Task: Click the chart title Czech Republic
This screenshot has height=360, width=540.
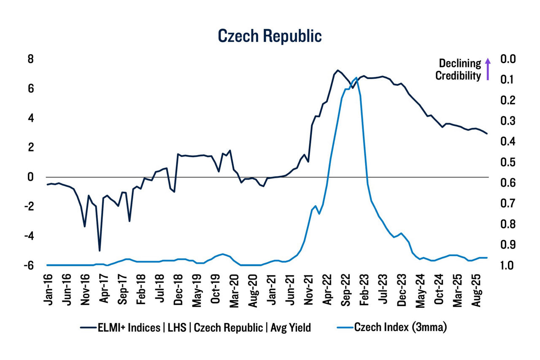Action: (x=270, y=36)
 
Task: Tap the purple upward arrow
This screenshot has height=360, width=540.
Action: (x=488, y=70)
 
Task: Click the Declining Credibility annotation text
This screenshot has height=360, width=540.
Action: (x=458, y=70)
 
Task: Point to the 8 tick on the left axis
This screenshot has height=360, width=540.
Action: (x=30, y=59)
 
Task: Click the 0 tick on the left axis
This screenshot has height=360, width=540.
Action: (x=30, y=177)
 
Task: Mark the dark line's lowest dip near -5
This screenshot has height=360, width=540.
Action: (x=100, y=251)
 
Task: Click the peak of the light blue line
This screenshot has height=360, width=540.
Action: (x=356, y=78)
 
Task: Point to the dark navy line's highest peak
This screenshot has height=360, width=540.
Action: (x=337, y=70)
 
